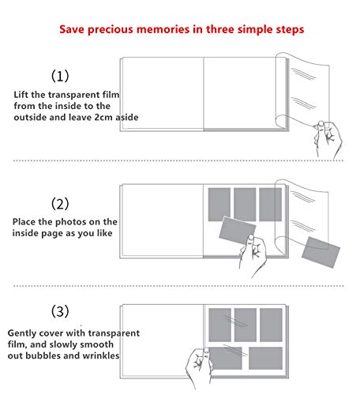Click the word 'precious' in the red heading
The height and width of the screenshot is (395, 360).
pyautogui.click(x=110, y=30)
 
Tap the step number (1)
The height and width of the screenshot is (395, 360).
pyautogui.click(x=60, y=76)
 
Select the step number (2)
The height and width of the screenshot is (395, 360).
pyautogui.click(x=60, y=204)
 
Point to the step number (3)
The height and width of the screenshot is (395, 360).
pyautogui.click(x=60, y=311)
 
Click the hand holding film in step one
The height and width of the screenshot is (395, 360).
pyautogui.click(x=328, y=140)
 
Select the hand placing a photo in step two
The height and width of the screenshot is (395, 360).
pyautogui.click(x=253, y=255)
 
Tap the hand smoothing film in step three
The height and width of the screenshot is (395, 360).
pyautogui.click(x=199, y=368)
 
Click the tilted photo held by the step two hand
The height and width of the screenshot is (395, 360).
pyautogui.click(x=237, y=231)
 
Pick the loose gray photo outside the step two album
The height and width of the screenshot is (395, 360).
pyautogui.click(x=321, y=252)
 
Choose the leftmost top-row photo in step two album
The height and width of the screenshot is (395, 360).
pyautogui.click(x=219, y=205)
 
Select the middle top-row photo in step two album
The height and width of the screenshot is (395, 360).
pyautogui.click(x=245, y=205)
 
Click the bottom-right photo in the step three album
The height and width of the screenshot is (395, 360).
pyautogui.click(x=265, y=358)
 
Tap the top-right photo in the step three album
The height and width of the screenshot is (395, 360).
pyautogui.click(x=271, y=325)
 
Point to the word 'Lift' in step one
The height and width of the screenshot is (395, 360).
pyautogui.click(x=21, y=95)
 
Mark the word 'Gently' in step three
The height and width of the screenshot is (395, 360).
pyautogui.click(x=22, y=333)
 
